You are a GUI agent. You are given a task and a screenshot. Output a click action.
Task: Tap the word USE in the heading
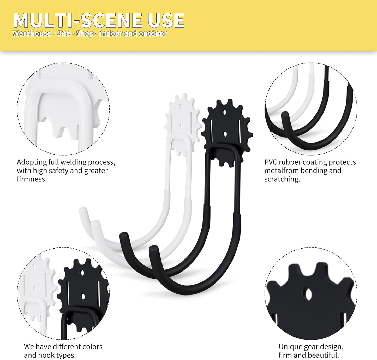coord(165,20)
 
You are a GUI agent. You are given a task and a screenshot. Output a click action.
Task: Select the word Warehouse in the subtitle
coord(32,33)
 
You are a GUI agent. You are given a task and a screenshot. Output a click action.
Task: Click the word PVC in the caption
coord(271,162)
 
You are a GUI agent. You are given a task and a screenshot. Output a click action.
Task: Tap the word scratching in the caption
coord(282,179)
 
